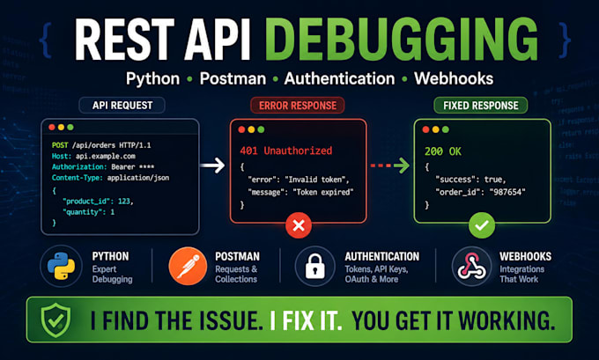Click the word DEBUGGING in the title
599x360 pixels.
[406, 40]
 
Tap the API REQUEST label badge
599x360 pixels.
[122, 106]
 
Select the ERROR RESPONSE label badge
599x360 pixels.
[298, 106]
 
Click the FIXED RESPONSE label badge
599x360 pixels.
[481, 106]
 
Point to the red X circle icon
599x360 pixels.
[299, 225]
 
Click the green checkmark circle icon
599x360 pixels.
[482, 225]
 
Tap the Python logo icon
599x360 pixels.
[61, 266]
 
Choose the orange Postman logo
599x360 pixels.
[188, 266]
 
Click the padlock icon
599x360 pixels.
[315, 266]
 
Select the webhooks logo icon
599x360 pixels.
[472, 266]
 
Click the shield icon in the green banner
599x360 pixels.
[55, 320]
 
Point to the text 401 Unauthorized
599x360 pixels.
[285, 151]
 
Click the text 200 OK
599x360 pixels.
[443, 151]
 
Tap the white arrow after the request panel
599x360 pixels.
[213, 165]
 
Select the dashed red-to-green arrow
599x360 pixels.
[390, 165]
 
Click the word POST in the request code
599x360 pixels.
[60, 145]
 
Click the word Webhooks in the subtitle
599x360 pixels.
[454, 78]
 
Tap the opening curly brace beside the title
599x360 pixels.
[46, 40]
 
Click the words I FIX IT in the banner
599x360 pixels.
[306, 320]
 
